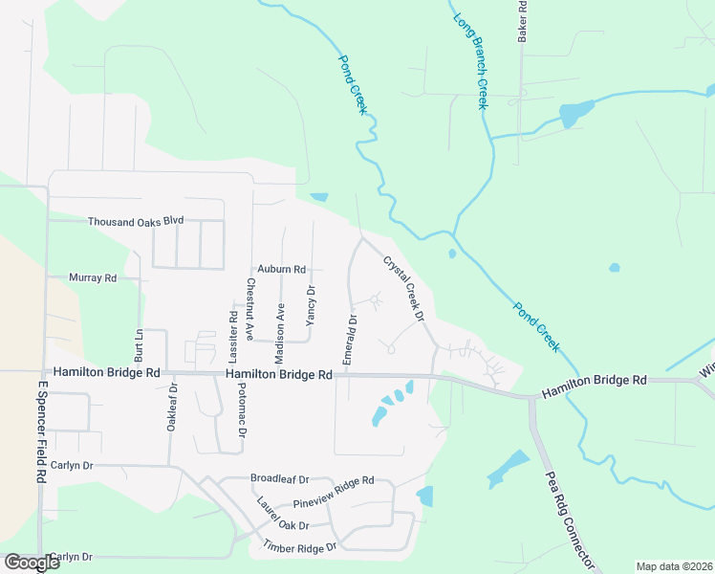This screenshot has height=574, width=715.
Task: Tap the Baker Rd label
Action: click(x=523, y=21)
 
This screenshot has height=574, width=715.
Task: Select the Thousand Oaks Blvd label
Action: click(x=135, y=221)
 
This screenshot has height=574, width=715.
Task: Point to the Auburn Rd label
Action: click(x=280, y=270)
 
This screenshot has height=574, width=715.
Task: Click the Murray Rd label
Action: click(x=93, y=277)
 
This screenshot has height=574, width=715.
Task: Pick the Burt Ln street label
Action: click(x=139, y=342)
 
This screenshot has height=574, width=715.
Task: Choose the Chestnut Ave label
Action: click(x=249, y=309)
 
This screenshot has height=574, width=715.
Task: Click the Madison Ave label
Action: click(x=280, y=334)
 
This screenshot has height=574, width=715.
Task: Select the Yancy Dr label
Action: click(x=310, y=306)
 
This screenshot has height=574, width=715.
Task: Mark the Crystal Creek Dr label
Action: click(x=402, y=288)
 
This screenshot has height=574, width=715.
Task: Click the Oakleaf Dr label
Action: click(x=173, y=408)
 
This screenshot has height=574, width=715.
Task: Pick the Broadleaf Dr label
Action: click(x=279, y=478)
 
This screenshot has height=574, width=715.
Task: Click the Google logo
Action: click(x=32, y=563)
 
